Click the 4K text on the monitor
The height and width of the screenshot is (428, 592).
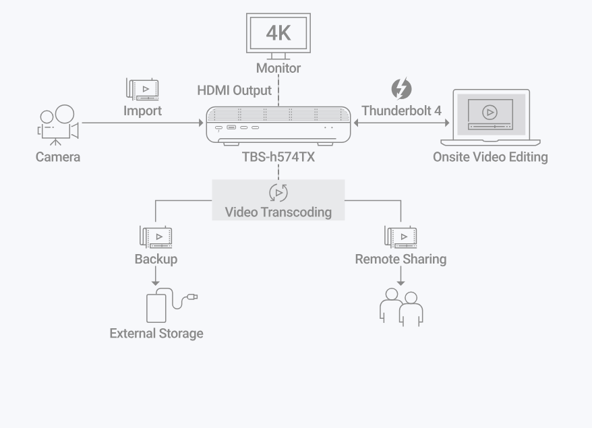pos(278,32)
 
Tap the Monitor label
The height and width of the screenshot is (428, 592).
pos(278,68)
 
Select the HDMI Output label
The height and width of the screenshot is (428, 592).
pos(234,90)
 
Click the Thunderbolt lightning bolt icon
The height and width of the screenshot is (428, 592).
pos(401,89)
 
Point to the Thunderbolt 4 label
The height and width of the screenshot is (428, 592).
pos(401,111)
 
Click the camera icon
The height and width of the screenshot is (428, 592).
pos(57,124)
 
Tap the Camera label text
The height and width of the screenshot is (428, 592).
pos(58,157)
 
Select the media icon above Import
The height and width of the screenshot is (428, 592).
pos(142,89)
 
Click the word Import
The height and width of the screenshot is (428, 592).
pos(142,111)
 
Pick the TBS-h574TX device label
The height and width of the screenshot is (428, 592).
pos(278,157)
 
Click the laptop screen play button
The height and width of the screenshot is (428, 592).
pos(490,112)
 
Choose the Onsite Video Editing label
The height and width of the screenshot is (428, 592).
pos(490,157)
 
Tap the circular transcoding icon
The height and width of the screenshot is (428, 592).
pos(278,193)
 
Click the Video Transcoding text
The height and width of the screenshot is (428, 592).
pos(278,212)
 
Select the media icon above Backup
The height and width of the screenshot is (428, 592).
pos(156,237)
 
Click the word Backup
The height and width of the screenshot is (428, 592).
pos(156,259)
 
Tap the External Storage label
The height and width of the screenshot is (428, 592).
pos(156,333)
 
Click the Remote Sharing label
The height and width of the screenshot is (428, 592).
pos(401,259)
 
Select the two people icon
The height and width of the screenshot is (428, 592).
pos(401,307)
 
